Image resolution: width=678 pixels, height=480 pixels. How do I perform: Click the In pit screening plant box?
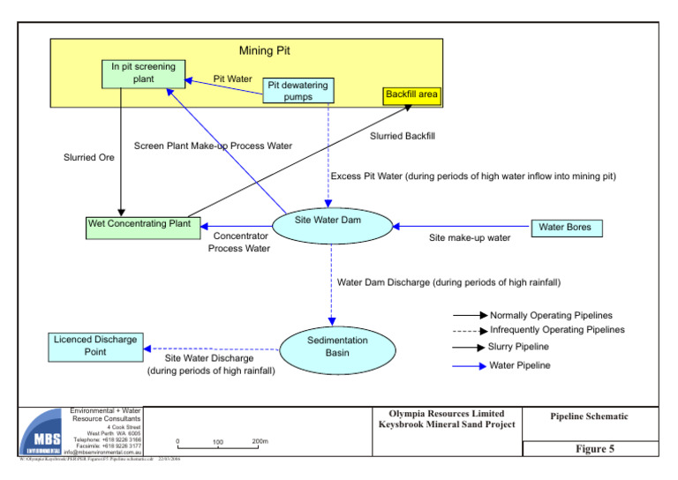coord(143,73)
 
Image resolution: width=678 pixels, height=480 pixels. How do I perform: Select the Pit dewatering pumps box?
coord(298,91)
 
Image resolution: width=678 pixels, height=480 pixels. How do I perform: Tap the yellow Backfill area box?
coord(411,94)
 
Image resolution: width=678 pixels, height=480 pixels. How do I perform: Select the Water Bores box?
coord(566,228)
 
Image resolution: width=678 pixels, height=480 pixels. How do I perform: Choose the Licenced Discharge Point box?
coord(95,346)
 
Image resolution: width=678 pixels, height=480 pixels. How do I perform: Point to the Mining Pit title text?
coord(264,51)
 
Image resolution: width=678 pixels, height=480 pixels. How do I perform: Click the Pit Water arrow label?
coord(232,79)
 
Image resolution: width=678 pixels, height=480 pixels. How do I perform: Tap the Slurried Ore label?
coord(88,158)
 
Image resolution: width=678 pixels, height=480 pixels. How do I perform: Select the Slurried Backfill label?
coord(403,136)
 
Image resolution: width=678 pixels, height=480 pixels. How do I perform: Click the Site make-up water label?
coord(470,238)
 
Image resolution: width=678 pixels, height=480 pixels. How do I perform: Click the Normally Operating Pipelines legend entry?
coord(550,315)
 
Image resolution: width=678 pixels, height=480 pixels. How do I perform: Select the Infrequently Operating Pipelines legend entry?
coord(556,330)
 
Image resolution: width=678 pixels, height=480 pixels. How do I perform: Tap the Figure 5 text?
coord(595,449)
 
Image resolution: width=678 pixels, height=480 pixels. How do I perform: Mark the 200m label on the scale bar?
coord(260,441)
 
